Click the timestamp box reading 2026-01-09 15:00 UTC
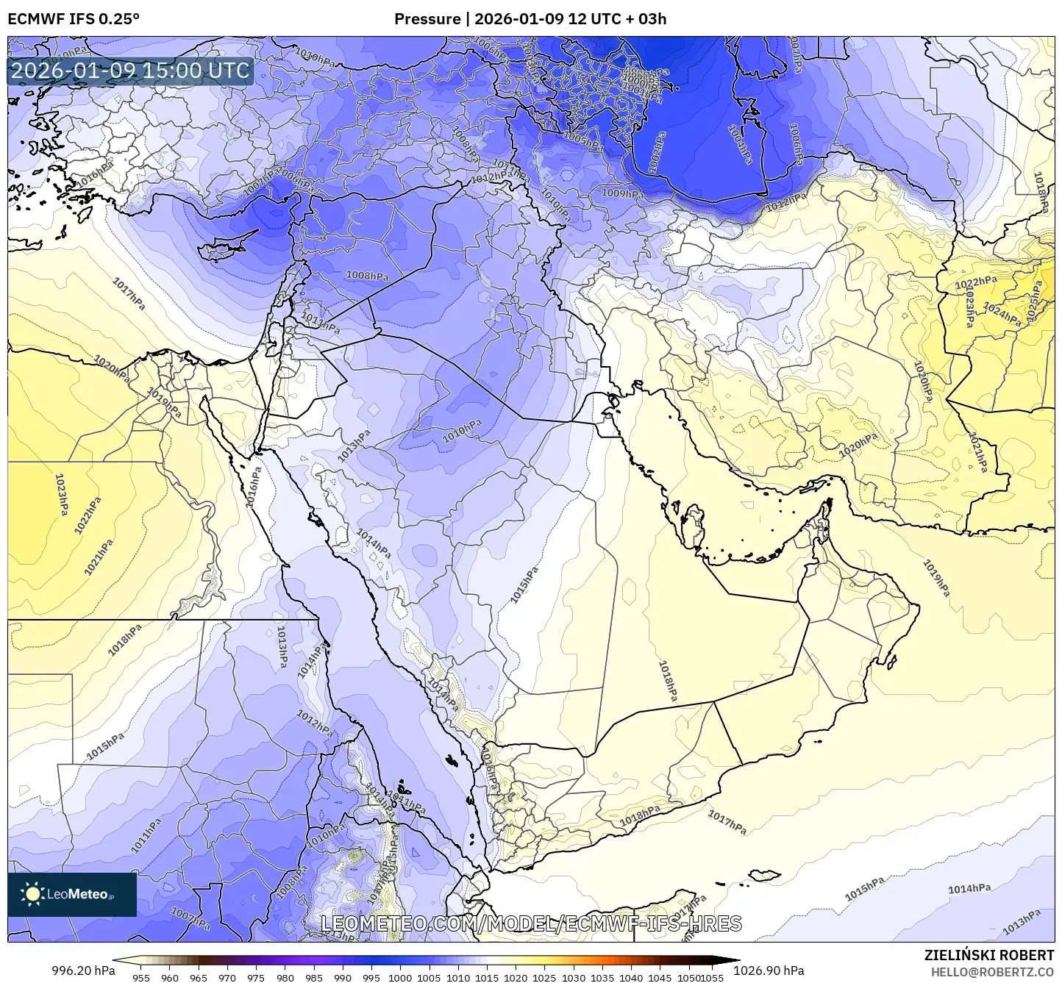pyautogui.click(x=130, y=71)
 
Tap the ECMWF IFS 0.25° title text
pyautogui.click(x=74, y=19)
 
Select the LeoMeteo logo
pyautogui.click(x=71, y=894)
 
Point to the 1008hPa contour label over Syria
pyautogui.click(x=367, y=276)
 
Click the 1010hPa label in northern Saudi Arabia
pyautogui.click(x=462, y=431)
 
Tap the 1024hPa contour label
pyautogui.click(x=1002, y=315)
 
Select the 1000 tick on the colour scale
pyautogui.click(x=400, y=978)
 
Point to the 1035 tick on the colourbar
pyautogui.click(x=602, y=978)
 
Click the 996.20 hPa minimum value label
pyautogui.click(x=83, y=971)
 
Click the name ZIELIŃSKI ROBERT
pyautogui.click(x=988, y=955)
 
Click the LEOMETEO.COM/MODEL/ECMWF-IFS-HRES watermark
pyautogui.click(x=531, y=923)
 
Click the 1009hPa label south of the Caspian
pyautogui.click(x=623, y=194)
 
